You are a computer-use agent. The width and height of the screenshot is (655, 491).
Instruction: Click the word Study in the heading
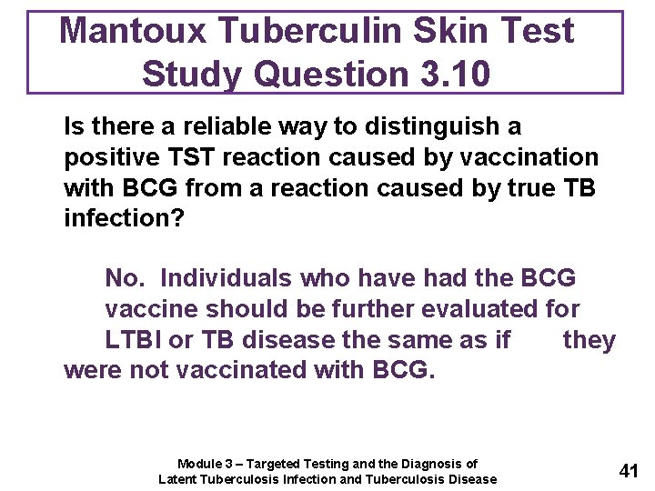(x=194, y=73)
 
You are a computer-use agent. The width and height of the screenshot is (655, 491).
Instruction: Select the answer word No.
(x=126, y=278)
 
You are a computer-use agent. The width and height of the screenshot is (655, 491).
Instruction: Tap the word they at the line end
(x=589, y=340)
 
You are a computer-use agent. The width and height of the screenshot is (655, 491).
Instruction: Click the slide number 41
(x=629, y=470)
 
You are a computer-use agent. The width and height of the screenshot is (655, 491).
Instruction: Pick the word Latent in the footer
(x=178, y=479)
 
